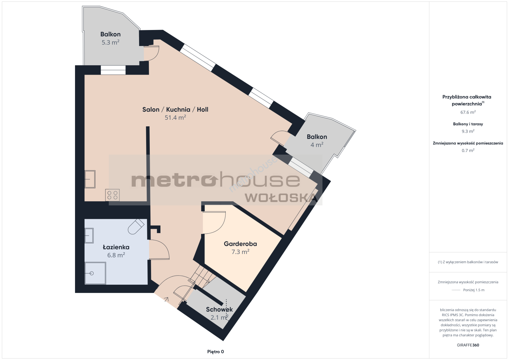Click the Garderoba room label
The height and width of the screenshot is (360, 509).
click(x=240, y=244)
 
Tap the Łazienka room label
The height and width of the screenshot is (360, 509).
click(x=116, y=247)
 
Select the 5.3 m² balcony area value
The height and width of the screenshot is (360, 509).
click(x=110, y=42)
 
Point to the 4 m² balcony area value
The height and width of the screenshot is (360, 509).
click(x=317, y=145)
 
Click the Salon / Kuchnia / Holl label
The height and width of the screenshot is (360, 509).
click(x=175, y=109)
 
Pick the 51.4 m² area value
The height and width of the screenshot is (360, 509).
click(x=175, y=117)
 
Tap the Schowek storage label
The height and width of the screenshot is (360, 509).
click(x=219, y=309)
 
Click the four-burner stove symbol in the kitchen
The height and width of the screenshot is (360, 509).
click(x=112, y=195)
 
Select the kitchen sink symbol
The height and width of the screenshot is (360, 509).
click(x=90, y=179)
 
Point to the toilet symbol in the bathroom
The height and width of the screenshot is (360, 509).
click(x=136, y=226)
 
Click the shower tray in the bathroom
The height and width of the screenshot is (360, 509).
click(x=95, y=273)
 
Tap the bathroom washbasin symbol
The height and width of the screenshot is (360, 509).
click(x=89, y=236)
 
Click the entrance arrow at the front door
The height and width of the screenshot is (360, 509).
click(x=166, y=300)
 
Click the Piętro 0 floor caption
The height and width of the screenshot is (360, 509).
click(x=215, y=352)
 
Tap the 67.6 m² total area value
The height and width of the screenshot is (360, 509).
click(x=468, y=112)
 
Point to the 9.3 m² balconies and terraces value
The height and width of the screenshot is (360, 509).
click(x=468, y=131)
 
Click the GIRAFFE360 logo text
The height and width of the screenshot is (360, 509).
click(x=468, y=345)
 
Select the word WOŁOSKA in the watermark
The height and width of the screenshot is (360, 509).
click(x=281, y=198)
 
